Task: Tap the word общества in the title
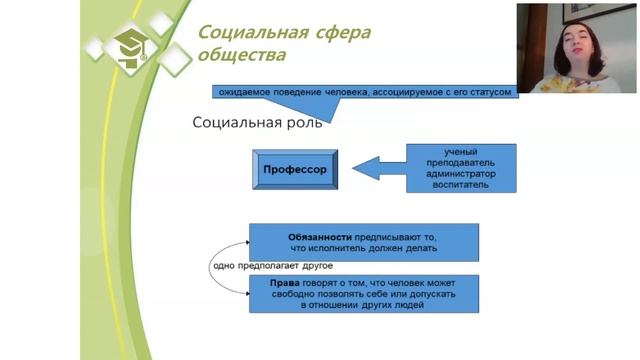tap(240, 54)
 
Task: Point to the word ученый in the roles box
tap(461, 152)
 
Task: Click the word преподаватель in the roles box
tap(461, 163)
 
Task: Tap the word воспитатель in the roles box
tap(461, 186)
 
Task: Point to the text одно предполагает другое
tap(272, 266)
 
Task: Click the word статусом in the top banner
tap(489, 91)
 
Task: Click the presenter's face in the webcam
tap(577, 44)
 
